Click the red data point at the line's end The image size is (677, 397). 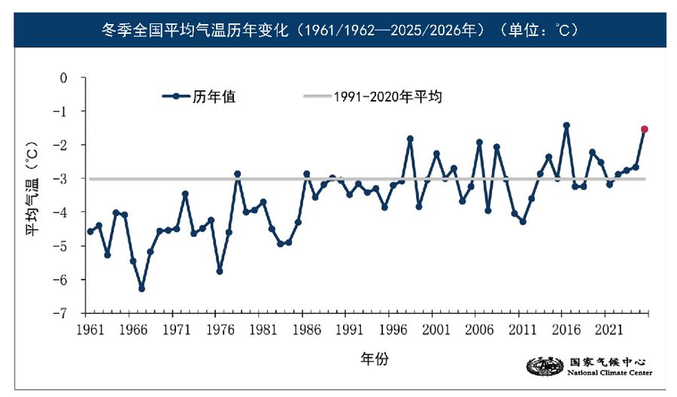(644, 129)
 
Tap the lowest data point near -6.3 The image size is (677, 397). (141, 289)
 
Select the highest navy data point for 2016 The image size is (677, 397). (566, 126)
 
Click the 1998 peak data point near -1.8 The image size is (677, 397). (410, 138)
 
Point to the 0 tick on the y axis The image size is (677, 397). (63, 77)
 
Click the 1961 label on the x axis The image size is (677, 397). (90, 329)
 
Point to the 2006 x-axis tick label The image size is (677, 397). (479, 329)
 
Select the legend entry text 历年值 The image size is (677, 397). (214, 96)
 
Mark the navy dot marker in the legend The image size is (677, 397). (176, 96)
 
